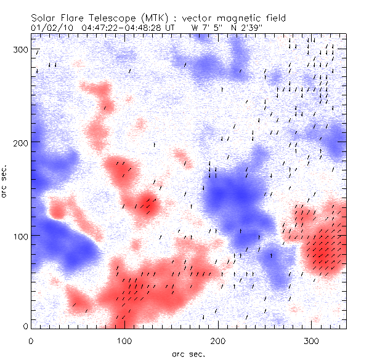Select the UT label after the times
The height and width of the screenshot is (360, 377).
click(x=169, y=27)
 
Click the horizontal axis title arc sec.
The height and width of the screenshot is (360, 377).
click(x=188, y=354)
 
